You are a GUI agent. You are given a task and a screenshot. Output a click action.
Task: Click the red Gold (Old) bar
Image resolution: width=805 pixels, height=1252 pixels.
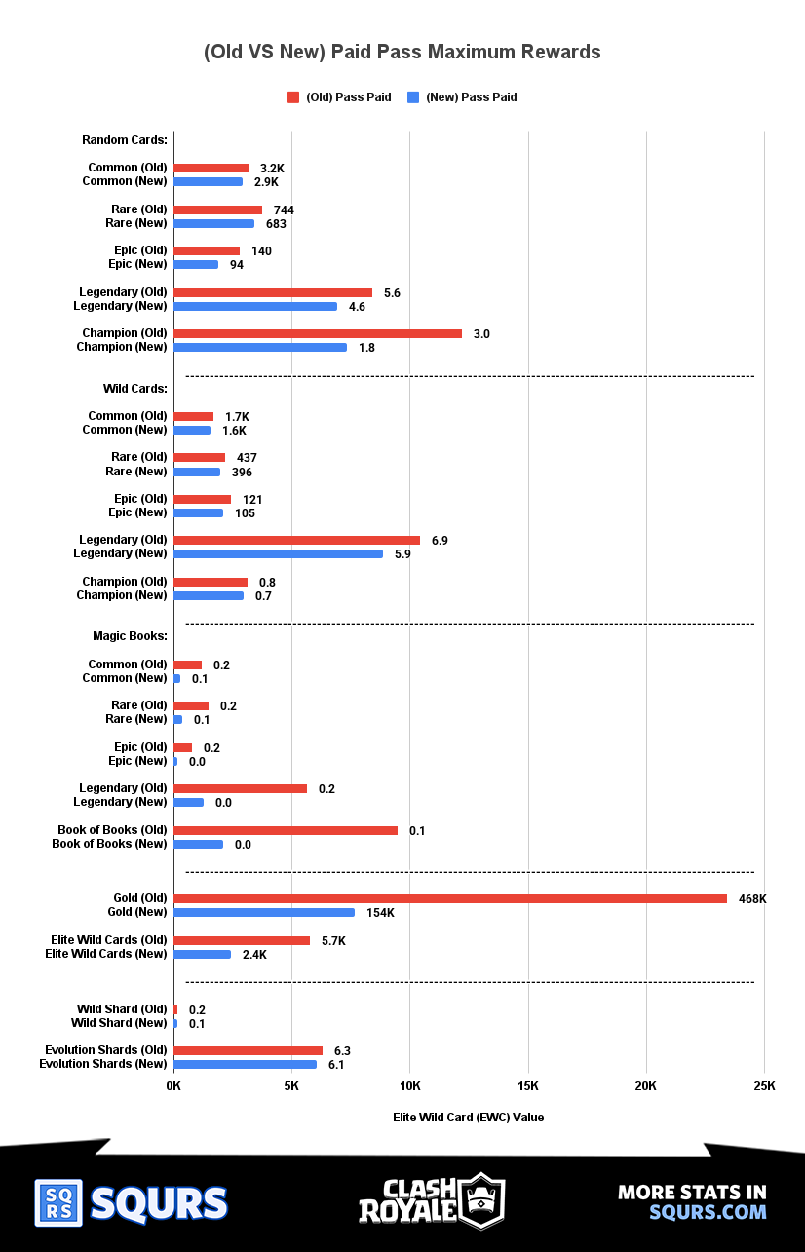pos(449,898)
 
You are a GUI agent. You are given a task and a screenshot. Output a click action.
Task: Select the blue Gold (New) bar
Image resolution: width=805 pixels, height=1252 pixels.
pos(264,912)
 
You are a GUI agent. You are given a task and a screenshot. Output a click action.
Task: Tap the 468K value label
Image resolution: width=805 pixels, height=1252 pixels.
pos(752,899)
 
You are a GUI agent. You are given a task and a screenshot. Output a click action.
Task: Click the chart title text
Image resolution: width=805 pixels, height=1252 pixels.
pos(402,52)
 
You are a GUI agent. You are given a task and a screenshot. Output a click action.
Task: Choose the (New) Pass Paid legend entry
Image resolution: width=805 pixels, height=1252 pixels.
pos(462,97)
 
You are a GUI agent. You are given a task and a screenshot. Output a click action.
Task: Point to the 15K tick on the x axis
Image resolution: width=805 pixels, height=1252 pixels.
pos(527,1086)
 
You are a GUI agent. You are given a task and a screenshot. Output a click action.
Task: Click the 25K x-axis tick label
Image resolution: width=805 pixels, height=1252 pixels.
pos(764,1086)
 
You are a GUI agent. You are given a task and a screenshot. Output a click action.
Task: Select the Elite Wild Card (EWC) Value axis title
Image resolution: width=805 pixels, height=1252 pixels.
pos(469,1118)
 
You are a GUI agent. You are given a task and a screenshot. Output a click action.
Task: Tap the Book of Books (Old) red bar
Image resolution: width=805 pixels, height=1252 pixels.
pos(286,830)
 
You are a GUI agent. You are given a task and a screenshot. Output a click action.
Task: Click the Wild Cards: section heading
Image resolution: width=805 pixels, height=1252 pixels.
pos(135,389)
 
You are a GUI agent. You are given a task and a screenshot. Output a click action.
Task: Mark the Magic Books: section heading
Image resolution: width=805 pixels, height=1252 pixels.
pos(130,636)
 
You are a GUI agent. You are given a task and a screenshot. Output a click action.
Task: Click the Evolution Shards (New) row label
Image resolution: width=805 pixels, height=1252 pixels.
pos(103,1064)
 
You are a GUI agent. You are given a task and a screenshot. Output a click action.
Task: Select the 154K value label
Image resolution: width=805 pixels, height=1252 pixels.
pos(380,913)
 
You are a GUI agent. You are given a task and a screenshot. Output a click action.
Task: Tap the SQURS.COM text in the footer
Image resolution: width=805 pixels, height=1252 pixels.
pos(708,1212)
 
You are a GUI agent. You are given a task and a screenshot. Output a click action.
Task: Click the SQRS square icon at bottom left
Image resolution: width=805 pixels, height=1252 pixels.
pos(58,1203)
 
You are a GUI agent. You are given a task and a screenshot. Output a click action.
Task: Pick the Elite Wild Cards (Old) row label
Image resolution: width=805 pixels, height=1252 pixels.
pos(109,940)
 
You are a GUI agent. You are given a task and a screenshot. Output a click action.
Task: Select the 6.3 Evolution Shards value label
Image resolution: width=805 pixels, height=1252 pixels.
pos(342,1051)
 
